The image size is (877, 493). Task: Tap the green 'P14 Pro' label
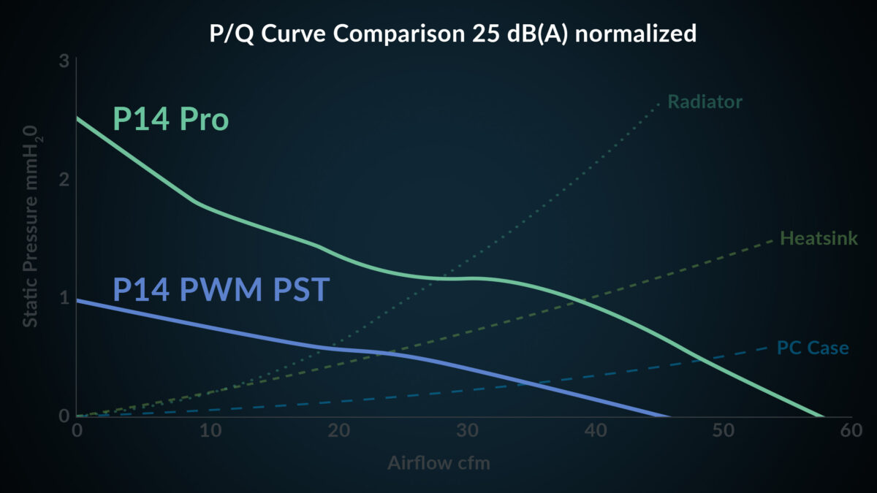pos(170,119)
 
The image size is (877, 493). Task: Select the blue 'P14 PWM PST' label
pos(221,290)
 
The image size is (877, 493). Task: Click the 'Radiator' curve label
pos(705,102)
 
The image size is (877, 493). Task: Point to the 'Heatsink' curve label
pos(819,238)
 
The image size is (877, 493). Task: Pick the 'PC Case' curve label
pos(813,348)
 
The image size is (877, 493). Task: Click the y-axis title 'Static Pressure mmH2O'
pos(31,226)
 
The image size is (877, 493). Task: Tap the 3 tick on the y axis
pos(64,61)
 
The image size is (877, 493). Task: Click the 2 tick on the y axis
pos(64,180)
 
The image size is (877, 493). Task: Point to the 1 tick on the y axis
pos(64,298)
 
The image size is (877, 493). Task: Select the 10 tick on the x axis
pos(206,432)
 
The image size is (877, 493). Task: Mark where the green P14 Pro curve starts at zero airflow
pos(77,118)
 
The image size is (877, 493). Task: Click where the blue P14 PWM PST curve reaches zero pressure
pos(669,416)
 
